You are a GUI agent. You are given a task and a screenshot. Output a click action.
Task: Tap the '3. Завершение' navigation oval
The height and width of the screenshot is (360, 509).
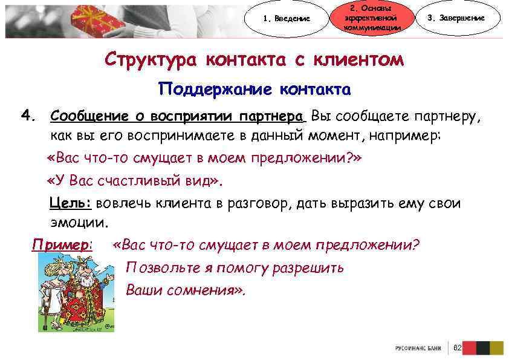point(464,18)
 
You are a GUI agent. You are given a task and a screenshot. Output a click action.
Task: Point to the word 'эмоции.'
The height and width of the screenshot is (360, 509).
point(80,222)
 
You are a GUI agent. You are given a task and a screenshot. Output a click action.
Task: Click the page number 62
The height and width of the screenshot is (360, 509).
point(458,348)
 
